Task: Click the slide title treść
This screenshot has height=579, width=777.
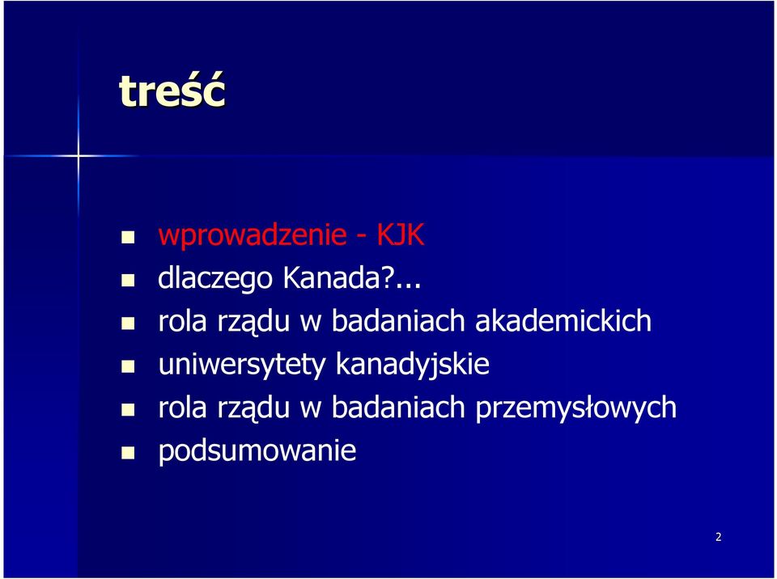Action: click(x=172, y=90)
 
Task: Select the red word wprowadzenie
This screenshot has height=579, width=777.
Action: click(x=253, y=235)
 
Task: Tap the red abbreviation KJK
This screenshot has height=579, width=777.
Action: click(x=401, y=234)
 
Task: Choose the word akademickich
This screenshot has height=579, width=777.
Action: click(x=563, y=320)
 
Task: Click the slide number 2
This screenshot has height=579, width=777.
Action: click(x=719, y=537)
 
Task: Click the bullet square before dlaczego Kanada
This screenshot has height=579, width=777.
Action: click(x=128, y=281)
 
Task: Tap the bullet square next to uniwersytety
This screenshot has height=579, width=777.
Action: click(x=128, y=367)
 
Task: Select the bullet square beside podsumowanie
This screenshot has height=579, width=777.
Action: click(x=128, y=453)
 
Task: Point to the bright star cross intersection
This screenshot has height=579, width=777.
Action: click(x=79, y=156)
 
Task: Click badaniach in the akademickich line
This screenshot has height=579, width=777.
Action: click(x=398, y=320)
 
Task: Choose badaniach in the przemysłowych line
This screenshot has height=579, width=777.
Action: click(x=398, y=407)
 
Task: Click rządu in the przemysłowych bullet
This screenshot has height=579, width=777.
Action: click(x=253, y=409)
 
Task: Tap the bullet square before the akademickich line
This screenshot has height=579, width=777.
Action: click(x=128, y=324)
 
